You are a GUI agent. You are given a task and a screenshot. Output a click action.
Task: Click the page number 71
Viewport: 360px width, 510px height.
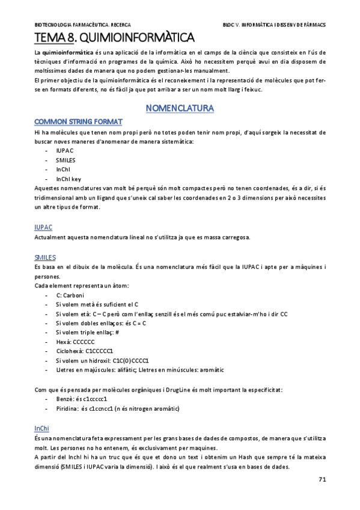click(x=322, y=479)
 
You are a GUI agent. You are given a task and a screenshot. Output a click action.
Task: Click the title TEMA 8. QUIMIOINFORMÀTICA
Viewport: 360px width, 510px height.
click(x=114, y=38)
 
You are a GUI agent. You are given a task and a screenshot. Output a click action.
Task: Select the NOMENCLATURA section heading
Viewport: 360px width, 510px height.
click(x=180, y=108)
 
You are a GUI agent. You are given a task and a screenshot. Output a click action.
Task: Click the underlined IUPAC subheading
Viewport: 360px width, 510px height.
click(x=43, y=227)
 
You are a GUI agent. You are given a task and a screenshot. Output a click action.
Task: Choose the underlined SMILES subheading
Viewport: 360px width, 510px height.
click(x=45, y=257)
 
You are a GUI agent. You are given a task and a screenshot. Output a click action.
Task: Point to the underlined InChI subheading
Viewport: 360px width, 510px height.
click(x=42, y=428)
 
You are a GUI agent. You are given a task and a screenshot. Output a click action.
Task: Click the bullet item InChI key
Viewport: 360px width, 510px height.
click(x=69, y=179)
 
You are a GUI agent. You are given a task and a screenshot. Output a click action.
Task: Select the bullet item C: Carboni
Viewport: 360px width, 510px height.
click(x=70, y=295)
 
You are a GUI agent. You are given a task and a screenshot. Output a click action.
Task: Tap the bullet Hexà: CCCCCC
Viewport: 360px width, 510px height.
click(x=75, y=341)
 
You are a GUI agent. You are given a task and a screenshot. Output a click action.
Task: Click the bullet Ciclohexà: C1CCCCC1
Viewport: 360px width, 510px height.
click(x=82, y=351)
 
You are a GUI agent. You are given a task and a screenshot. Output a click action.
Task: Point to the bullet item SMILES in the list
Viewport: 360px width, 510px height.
click(x=66, y=160)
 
